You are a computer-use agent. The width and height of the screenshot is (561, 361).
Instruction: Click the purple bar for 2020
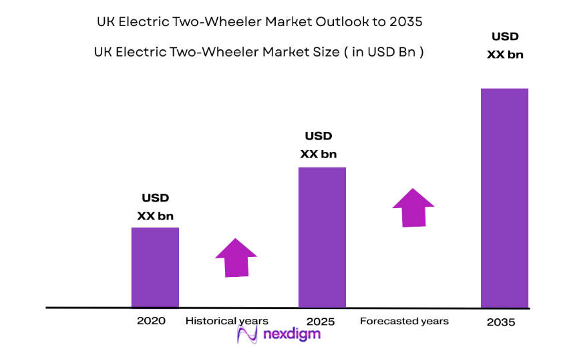click(x=155, y=267)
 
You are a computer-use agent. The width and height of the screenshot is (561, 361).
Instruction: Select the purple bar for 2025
click(x=322, y=237)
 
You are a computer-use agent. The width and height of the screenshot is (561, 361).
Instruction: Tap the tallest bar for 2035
click(x=504, y=198)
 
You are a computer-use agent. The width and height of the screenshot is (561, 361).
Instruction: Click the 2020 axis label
click(x=151, y=321)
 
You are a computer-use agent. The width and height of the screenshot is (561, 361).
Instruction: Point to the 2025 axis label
click(x=320, y=322)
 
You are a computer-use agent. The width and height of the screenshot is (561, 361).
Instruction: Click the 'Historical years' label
click(x=226, y=321)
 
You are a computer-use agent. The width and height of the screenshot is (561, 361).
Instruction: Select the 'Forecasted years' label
click(x=404, y=321)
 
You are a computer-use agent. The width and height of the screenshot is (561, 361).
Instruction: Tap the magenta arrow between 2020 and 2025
click(x=236, y=258)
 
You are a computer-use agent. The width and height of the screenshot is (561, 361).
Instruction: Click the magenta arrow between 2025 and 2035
click(x=413, y=208)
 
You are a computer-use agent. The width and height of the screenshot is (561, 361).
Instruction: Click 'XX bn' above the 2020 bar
click(x=156, y=216)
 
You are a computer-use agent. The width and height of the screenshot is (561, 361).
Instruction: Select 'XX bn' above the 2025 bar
click(x=319, y=154)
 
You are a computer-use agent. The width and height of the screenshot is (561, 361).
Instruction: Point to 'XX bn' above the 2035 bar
click(x=505, y=55)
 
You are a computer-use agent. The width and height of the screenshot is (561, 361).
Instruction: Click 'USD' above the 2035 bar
click(x=505, y=37)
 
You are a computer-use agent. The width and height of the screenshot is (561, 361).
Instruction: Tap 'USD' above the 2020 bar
click(x=156, y=198)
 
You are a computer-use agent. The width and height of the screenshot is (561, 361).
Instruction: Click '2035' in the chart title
click(x=405, y=22)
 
